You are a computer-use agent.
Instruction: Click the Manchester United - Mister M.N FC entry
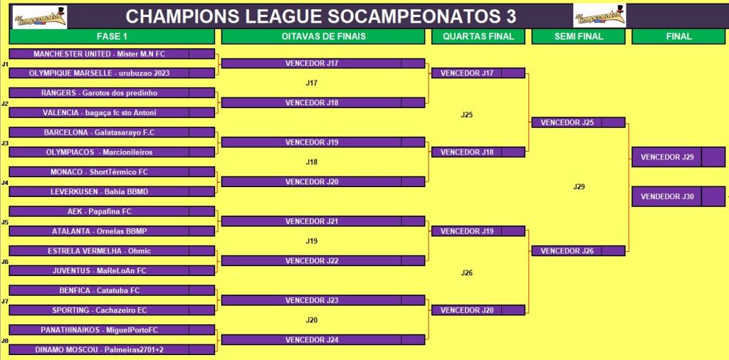pyautogui.click(x=112, y=54)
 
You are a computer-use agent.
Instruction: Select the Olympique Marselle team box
pyautogui.click(x=112, y=73)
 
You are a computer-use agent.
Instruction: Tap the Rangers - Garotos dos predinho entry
pyautogui.click(x=112, y=93)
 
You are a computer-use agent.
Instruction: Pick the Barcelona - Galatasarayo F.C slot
pyautogui.click(x=112, y=132)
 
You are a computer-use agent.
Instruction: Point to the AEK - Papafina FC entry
pyautogui.click(x=112, y=211)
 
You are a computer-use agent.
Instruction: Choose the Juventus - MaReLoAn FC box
pyautogui.click(x=112, y=270)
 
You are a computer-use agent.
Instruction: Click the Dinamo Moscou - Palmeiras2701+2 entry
pyautogui.click(x=112, y=349)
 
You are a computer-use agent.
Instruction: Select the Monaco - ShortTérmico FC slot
pyautogui.click(x=112, y=172)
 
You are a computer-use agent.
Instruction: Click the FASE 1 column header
pyautogui.click(x=112, y=37)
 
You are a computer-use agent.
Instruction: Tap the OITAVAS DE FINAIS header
pyautogui.click(x=323, y=37)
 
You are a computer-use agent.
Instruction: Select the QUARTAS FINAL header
pyautogui.click(x=478, y=37)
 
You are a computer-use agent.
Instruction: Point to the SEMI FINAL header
pyautogui.click(x=578, y=37)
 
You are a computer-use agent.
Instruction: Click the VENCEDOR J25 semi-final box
pyautogui.click(x=578, y=122)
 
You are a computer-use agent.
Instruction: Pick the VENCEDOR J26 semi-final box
pyautogui.click(x=578, y=251)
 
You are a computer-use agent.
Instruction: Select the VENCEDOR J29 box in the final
pyautogui.click(x=678, y=157)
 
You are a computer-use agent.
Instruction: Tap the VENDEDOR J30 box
pyautogui.click(x=678, y=196)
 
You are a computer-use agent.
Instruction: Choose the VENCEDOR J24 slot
pyautogui.click(x=323, y=339)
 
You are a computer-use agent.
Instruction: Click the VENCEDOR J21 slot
pyautogui.click(x=323, y=221)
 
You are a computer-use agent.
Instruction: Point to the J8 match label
pyautogui.click(x=5, y=341)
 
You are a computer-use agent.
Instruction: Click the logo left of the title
pyautogui.click(x=40, y=17)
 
